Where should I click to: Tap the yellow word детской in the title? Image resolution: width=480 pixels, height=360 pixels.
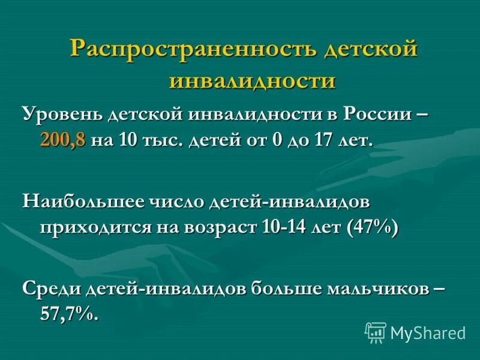pyautogui.click(x=370, y=49)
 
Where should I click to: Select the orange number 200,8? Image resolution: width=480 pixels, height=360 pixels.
pyautogui.click(x=63, y=141)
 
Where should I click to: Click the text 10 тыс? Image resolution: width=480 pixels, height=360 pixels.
pyautogui.click(x=154, y=141)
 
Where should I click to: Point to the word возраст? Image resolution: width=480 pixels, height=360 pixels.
pyautogui.click(x=222, y=229)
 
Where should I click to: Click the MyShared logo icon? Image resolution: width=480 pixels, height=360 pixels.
pyautogui.click(x=376, y=332)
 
